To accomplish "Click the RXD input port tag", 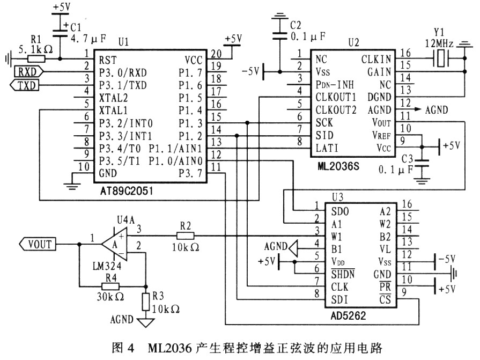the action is (x=29, y=72).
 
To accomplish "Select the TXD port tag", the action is (x=25, y=85).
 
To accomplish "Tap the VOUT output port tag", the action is (x=38, y=244).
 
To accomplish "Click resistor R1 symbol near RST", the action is (x=36, y=59).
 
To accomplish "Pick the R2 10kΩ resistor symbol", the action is (x=186, y=236).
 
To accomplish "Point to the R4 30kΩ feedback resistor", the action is (x=110, y=286).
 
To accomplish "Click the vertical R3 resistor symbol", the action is (x=146, y=302).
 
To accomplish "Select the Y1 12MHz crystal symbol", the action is (x=440, y=58).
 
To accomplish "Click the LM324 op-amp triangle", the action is (x=114, y=244).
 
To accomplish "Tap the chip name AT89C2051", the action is (x=127, y=191).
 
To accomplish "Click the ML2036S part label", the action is (x=338, y=166).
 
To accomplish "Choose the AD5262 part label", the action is (x=348, y=315).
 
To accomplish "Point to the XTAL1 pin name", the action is (x=113, y=110).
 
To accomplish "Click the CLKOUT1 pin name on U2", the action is (x=336, y=97).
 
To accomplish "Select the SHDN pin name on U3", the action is (x=343, y=274).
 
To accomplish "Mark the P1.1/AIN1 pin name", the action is (x=175, y=149).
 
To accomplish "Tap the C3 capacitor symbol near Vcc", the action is (x=422, y=163).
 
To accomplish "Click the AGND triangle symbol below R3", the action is (x=146, y=322).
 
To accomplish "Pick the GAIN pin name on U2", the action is (x=379, y=72).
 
